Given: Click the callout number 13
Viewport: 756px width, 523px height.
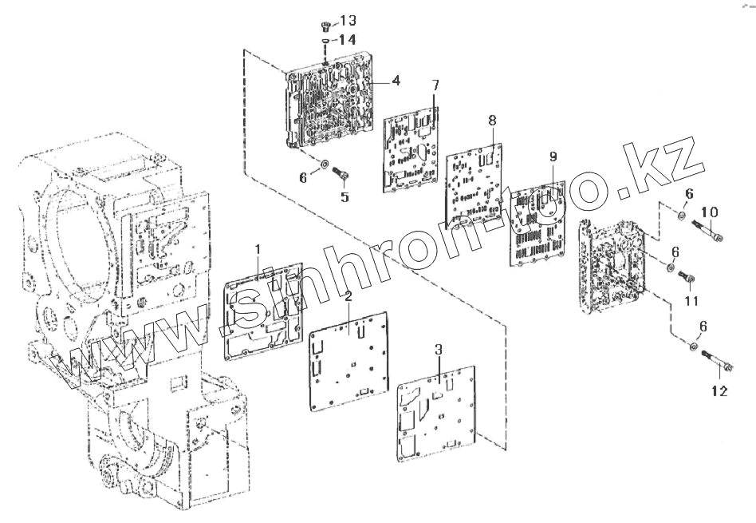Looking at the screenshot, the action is click(349, 20).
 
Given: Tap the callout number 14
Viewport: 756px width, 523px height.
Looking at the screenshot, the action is click(348, 39).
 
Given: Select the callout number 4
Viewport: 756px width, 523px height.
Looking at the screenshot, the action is click(396, 81).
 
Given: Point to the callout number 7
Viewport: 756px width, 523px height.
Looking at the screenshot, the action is click(435, 85).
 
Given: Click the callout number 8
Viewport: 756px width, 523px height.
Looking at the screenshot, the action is click(492, 120).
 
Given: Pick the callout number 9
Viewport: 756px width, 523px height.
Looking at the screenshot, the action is click(553, 156).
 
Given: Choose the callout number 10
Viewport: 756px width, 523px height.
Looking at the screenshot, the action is click(710, 212).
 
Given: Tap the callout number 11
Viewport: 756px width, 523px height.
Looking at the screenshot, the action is click(691, 301).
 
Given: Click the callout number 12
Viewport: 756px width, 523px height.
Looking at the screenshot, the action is click(719, 391).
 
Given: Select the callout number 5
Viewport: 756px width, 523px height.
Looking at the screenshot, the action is click(345, 196).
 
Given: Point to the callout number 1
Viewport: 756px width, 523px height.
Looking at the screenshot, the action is click(258, 251).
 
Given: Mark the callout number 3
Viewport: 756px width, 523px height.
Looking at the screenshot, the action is click(438, 350).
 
